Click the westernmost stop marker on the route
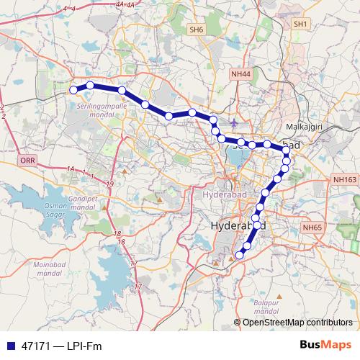pyautogui.click(x=73, y=89)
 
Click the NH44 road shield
pyautogui.click(x=241, y=74)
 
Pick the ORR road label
pyautogui.click(x=27, y=160)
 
